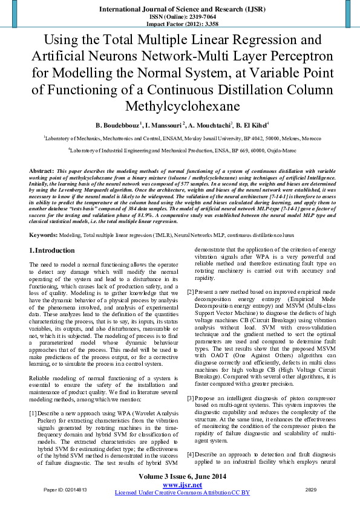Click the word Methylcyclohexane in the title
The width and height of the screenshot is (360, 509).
click(180, 106)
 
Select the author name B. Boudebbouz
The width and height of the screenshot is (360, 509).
click(117, 125)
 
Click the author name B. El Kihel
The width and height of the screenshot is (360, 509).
click(249, 125)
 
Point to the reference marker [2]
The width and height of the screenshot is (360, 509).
click(191, 292)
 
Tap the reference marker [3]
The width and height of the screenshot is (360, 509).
click(191, 398)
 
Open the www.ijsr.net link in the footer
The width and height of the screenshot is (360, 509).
click(182, 485)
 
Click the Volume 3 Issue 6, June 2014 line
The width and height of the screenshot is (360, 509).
click(182, 477)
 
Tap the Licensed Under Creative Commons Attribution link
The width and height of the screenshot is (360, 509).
click(182, 493)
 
